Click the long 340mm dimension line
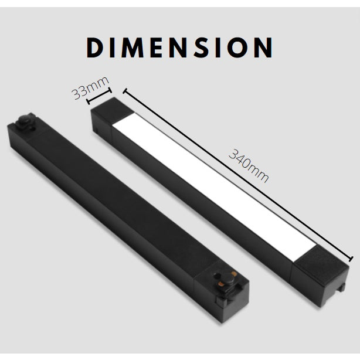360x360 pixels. (x=237, y=174)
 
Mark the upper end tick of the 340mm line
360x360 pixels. (x=124, y=90)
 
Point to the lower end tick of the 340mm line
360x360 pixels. (x=351, y=258)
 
